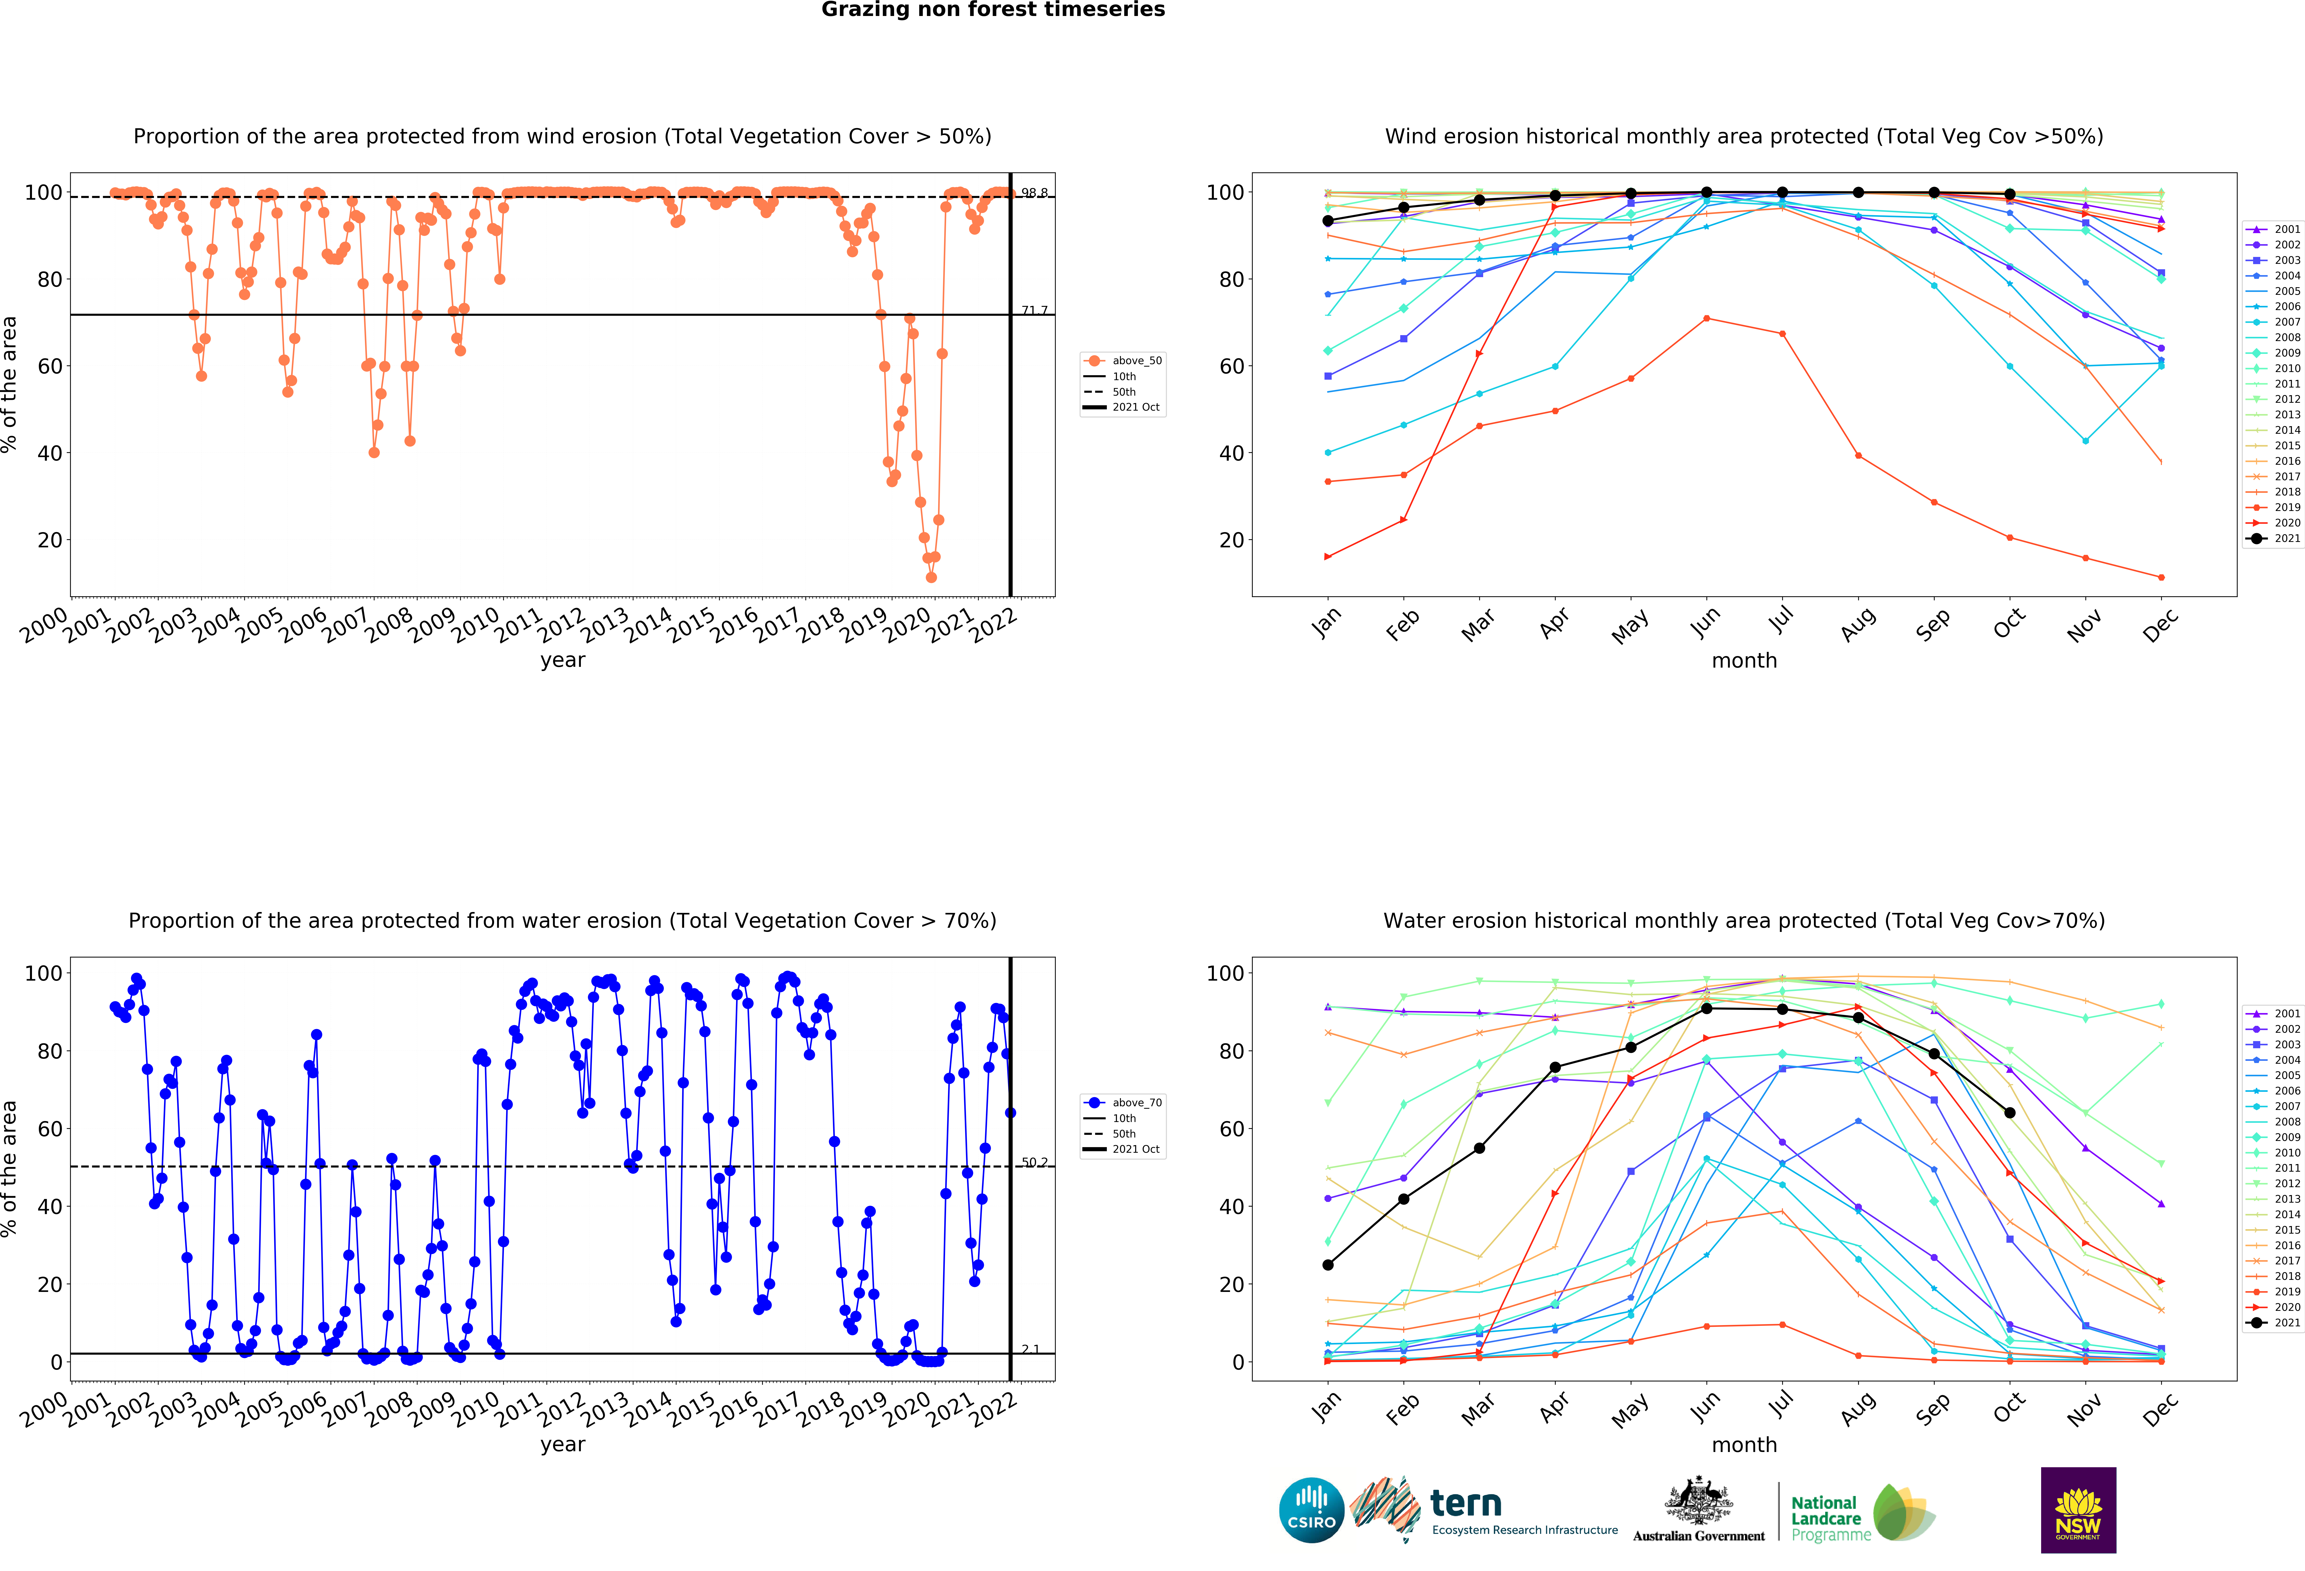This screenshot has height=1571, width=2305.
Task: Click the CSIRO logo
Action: pos(1311,1511)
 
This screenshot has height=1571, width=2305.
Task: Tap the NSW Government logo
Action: pos(2078,1510)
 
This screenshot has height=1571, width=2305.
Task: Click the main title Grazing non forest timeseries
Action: pos(993,10)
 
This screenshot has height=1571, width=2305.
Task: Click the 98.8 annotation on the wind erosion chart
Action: pos(1035,192)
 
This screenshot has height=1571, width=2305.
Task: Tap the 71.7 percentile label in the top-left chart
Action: pos(1035,310)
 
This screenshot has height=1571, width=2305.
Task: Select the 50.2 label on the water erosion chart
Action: pos(1035,1162)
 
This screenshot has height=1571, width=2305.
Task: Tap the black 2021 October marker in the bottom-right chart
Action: pos(2009,1113)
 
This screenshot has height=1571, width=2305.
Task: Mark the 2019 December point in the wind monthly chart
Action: pos(2161,577)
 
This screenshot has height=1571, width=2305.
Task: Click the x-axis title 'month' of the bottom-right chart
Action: pos(1744,1444)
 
